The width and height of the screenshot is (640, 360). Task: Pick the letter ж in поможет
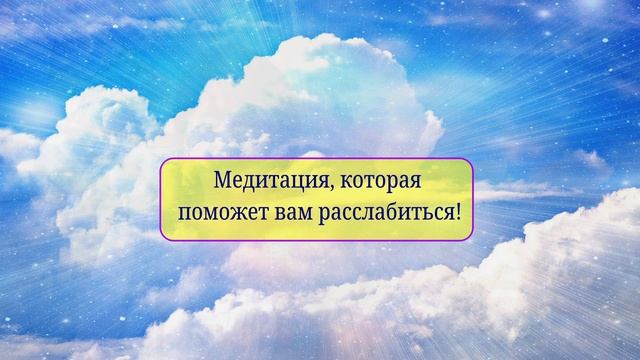(x=226, y=212)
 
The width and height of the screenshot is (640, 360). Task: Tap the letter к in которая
(x=335, y=183)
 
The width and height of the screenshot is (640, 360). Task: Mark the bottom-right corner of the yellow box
(x=469, y=236)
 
